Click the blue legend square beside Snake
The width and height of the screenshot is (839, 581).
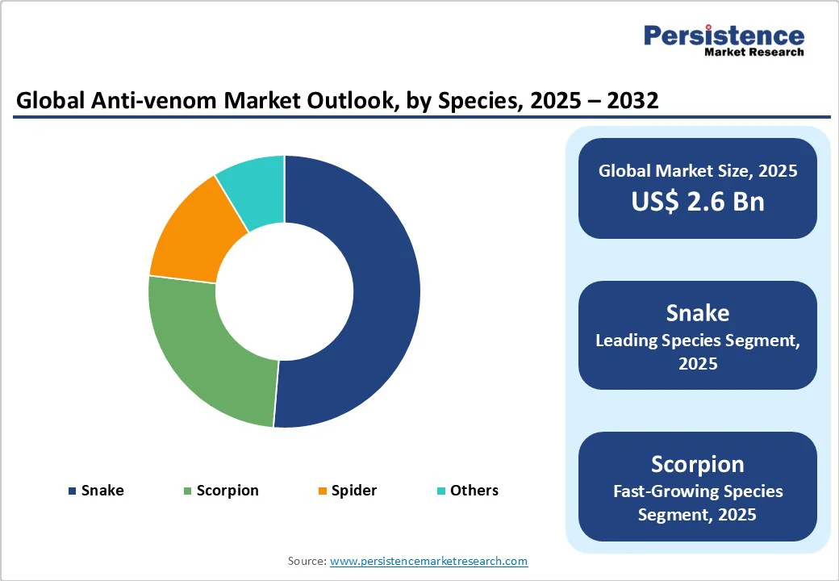[73, 491]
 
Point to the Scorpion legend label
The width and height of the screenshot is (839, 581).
[227, 491]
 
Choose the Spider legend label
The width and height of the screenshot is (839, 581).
[353, 491]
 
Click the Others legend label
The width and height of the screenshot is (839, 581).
[474, 491]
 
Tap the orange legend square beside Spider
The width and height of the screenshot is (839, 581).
[322, 491]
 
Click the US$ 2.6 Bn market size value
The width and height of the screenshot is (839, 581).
[698, 201]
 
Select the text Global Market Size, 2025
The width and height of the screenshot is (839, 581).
[698, 170]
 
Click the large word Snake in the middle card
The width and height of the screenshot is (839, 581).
[698, 313]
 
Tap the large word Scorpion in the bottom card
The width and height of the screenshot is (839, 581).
[698, 464]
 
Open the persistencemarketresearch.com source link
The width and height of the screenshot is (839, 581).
[428, 561]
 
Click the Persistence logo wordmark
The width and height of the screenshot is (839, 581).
[724, 36]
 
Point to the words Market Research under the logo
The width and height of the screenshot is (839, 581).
[754, 52]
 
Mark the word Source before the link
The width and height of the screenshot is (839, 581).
[307, 561]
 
